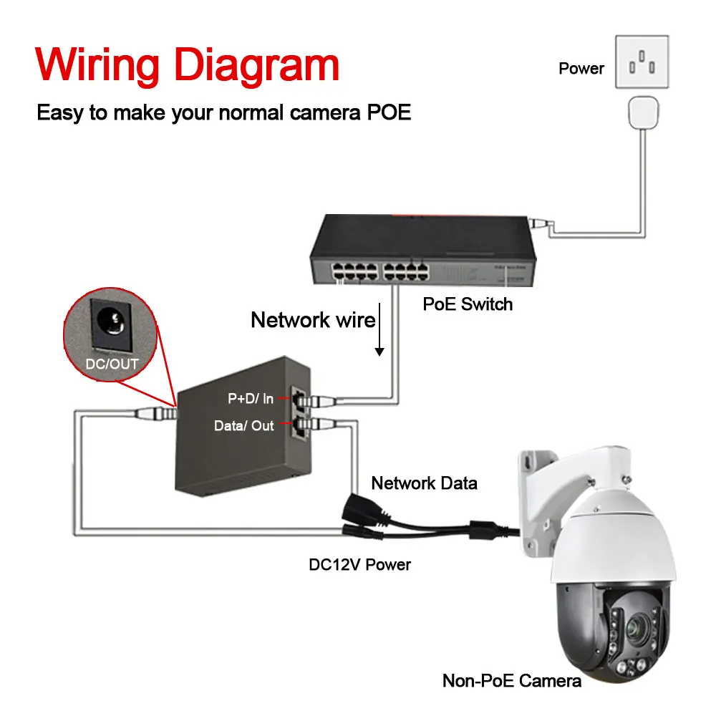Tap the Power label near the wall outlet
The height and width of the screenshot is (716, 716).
(x=581, y=69)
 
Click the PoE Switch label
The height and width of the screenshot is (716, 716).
(x=468, y=304)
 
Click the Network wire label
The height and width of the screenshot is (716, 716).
(x=313, y=320)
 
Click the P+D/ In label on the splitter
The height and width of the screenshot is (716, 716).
(x=251, y=399)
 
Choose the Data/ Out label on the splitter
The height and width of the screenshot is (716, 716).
(x=243, y=425)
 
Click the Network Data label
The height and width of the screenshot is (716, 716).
(x=424, y=483)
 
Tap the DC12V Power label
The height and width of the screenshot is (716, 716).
(x=359, y=564)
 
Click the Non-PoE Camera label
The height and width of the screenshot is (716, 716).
(x=511, y=681)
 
